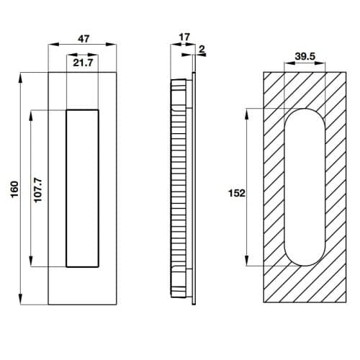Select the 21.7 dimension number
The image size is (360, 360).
pyautogui.click(x=83, y=63)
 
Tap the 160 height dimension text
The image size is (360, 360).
pyautogui.click(x=13, y=189)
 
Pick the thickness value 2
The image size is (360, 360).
pyautogui.click(x=203, y=50)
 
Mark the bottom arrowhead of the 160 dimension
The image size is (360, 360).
pyautogui.click(x=22, y=301)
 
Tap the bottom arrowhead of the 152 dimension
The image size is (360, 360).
pyautogui.click(x=248, y=264)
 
